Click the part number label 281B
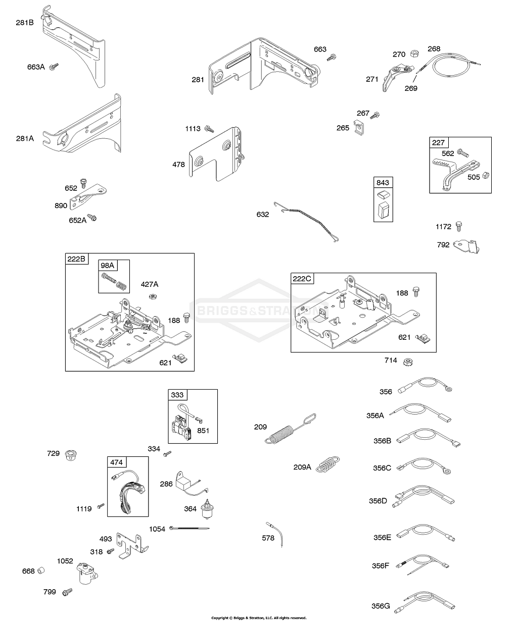[x=24, y=23]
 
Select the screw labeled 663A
[x=54, y=67]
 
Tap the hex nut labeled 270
[x=413, y=54]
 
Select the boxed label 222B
[x=76, y=259]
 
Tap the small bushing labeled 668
[x=42, y=570]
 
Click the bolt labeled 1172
[x=459, y=226]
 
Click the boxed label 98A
[x=107, y=266]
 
